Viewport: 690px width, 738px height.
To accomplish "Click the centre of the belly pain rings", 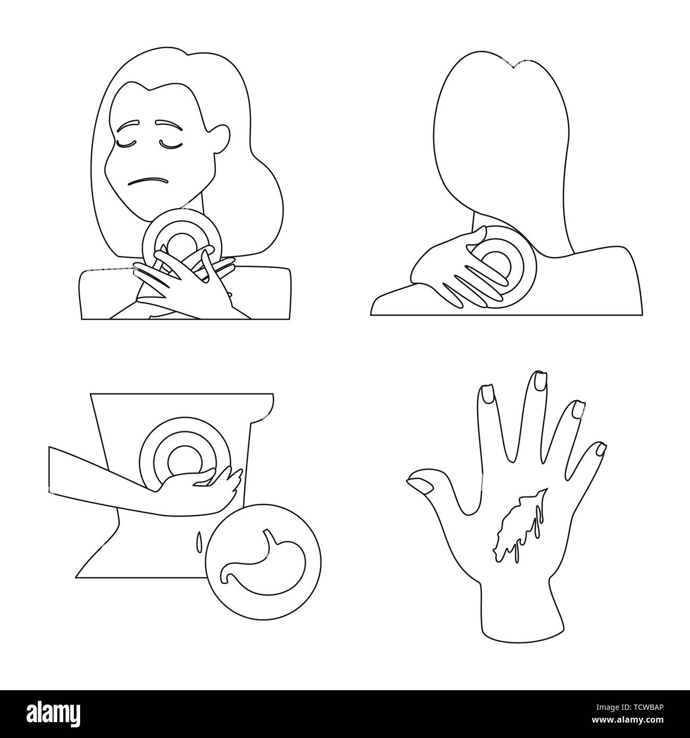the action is click(x=185, y=461).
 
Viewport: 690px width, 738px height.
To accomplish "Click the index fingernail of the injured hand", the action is click(x=486, y=396).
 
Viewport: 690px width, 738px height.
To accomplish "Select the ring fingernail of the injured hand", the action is click(x=577, y=409).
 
